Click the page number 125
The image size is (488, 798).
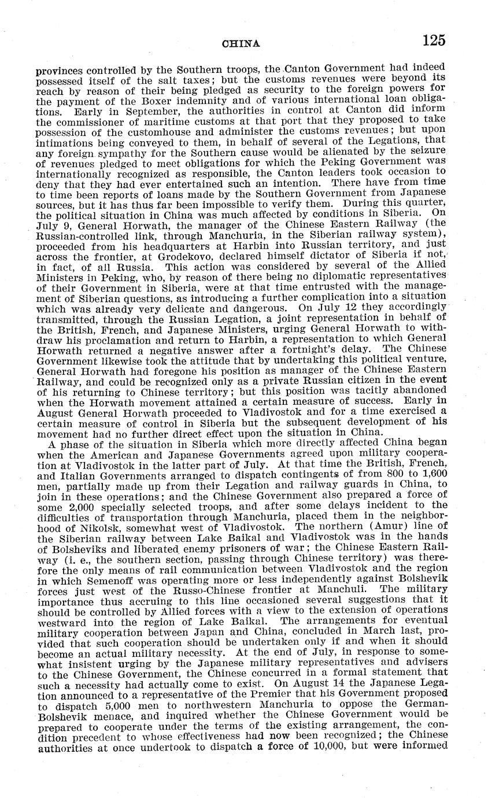pyautogui.click(x=434, y=40)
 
